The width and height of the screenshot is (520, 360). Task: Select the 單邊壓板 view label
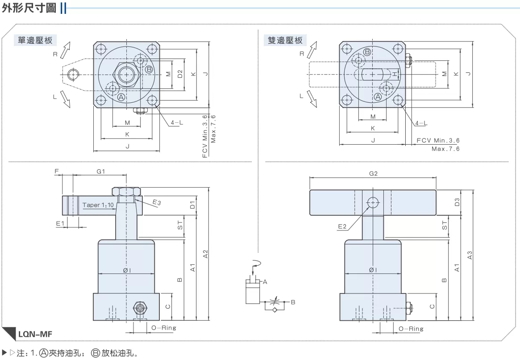35,41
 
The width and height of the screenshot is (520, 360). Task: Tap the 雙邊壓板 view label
285,41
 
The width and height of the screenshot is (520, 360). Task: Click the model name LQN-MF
35,334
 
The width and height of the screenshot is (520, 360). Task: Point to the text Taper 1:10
98,205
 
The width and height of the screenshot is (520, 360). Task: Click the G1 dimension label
100,171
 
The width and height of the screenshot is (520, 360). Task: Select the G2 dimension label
374,174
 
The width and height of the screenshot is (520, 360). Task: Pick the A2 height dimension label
205,254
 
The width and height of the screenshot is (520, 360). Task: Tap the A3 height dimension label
470,255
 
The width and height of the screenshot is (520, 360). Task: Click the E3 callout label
157,202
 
